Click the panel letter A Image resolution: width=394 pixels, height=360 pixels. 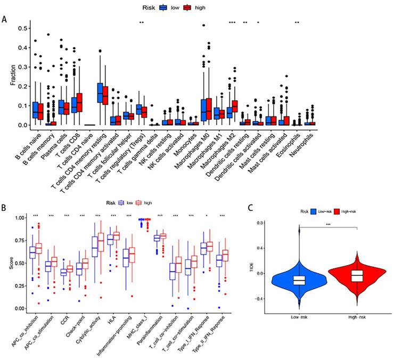tap(5, 20)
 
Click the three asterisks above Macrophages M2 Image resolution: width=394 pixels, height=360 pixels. tap(232, 22)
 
